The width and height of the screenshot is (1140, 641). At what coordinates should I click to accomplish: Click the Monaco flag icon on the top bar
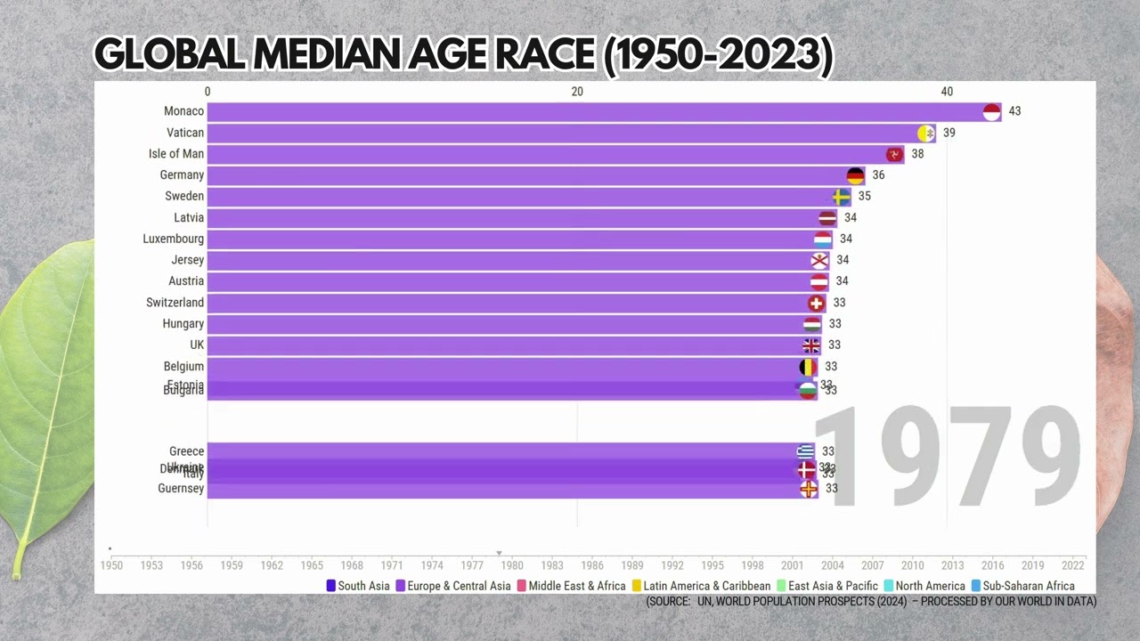991,111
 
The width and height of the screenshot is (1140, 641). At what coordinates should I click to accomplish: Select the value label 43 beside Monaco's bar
1014,111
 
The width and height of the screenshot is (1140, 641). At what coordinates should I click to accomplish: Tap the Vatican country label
185,133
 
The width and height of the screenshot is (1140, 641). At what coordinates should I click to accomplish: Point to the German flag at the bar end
855,175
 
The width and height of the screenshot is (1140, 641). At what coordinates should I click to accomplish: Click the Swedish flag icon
841,197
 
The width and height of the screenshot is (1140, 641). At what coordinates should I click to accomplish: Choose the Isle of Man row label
176,154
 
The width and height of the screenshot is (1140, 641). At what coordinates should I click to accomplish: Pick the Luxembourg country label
174,239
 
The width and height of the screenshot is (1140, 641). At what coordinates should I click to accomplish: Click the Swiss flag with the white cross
816,303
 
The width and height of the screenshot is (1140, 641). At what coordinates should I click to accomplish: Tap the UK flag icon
811,345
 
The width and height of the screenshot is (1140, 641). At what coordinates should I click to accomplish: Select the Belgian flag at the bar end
808,367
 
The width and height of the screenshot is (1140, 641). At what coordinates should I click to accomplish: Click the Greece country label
187,451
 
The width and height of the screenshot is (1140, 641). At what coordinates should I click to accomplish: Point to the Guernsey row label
181,489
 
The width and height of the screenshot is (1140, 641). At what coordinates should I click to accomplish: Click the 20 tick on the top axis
577,92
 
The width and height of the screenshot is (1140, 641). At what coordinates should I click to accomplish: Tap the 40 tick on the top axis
947,92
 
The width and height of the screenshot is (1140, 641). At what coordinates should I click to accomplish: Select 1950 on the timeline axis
111,565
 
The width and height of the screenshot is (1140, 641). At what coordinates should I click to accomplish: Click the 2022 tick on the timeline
1073,565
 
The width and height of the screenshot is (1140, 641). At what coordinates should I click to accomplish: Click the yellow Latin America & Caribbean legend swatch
637,586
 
